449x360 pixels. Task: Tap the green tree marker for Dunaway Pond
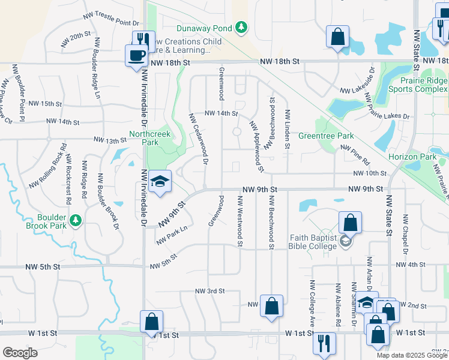point(241,27)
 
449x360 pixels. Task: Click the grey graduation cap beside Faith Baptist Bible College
point(345,241)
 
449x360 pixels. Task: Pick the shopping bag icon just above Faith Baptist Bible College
point(350,223)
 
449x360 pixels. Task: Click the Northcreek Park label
point(144,138)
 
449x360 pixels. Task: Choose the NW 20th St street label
point(75,40)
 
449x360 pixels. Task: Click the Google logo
point(20,353)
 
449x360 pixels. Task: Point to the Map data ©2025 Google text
point(411,355)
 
